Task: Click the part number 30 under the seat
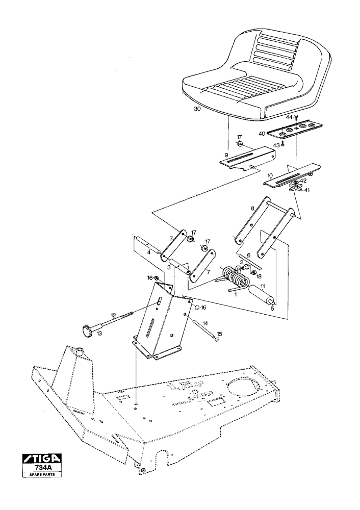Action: pos(197,109)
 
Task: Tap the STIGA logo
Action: pos(42,458)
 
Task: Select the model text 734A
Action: pos(42,467)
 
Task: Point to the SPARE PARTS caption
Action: pos(42,474)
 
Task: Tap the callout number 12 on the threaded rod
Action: pos(113,315)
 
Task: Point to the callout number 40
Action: pos(262,133)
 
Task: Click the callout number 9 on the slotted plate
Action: pos(226,155)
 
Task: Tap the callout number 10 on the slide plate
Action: pos(270,175)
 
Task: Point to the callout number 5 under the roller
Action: pos(272,309)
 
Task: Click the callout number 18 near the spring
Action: pos(259,276)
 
